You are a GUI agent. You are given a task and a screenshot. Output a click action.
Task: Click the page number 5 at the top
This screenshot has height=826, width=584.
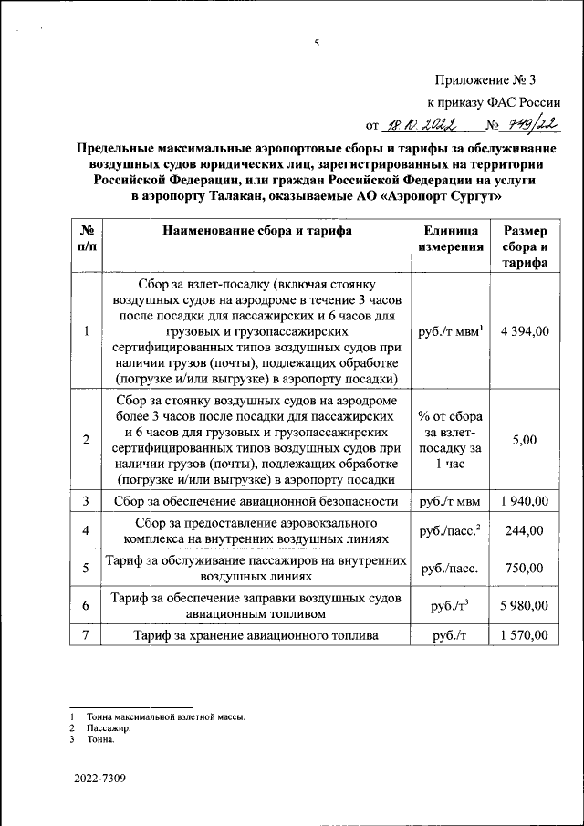[317, 43]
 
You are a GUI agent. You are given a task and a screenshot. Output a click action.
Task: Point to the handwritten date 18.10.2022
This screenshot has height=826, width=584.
[417, 125]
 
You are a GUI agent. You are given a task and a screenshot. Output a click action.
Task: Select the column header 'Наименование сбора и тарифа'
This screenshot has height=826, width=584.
[257, 232]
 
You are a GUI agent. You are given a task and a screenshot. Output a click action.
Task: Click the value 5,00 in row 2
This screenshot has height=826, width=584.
[525, 440]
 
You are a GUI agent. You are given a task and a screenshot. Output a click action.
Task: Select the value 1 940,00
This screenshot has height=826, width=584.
[525, 501]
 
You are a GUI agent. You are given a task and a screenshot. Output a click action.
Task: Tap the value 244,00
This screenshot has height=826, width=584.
[525, 530]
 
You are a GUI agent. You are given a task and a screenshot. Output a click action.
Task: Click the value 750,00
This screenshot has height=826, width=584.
[525, 568]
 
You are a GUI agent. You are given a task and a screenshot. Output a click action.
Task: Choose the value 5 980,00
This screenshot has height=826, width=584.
[525, 605]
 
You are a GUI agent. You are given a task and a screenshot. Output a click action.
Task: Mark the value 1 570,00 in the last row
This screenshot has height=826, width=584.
[525, 635]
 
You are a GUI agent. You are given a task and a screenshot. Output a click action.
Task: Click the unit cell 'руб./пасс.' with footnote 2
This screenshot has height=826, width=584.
[448, 530]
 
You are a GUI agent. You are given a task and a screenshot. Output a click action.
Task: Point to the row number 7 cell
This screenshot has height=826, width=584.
[86, 635]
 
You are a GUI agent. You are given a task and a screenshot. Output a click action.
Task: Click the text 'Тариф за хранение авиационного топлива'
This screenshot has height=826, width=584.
[255, 636]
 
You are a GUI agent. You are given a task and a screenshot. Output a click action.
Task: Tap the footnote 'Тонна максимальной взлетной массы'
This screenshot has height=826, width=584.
[165, 716]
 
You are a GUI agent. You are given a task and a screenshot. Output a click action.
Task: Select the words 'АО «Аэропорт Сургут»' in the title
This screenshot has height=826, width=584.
[429, 194]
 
